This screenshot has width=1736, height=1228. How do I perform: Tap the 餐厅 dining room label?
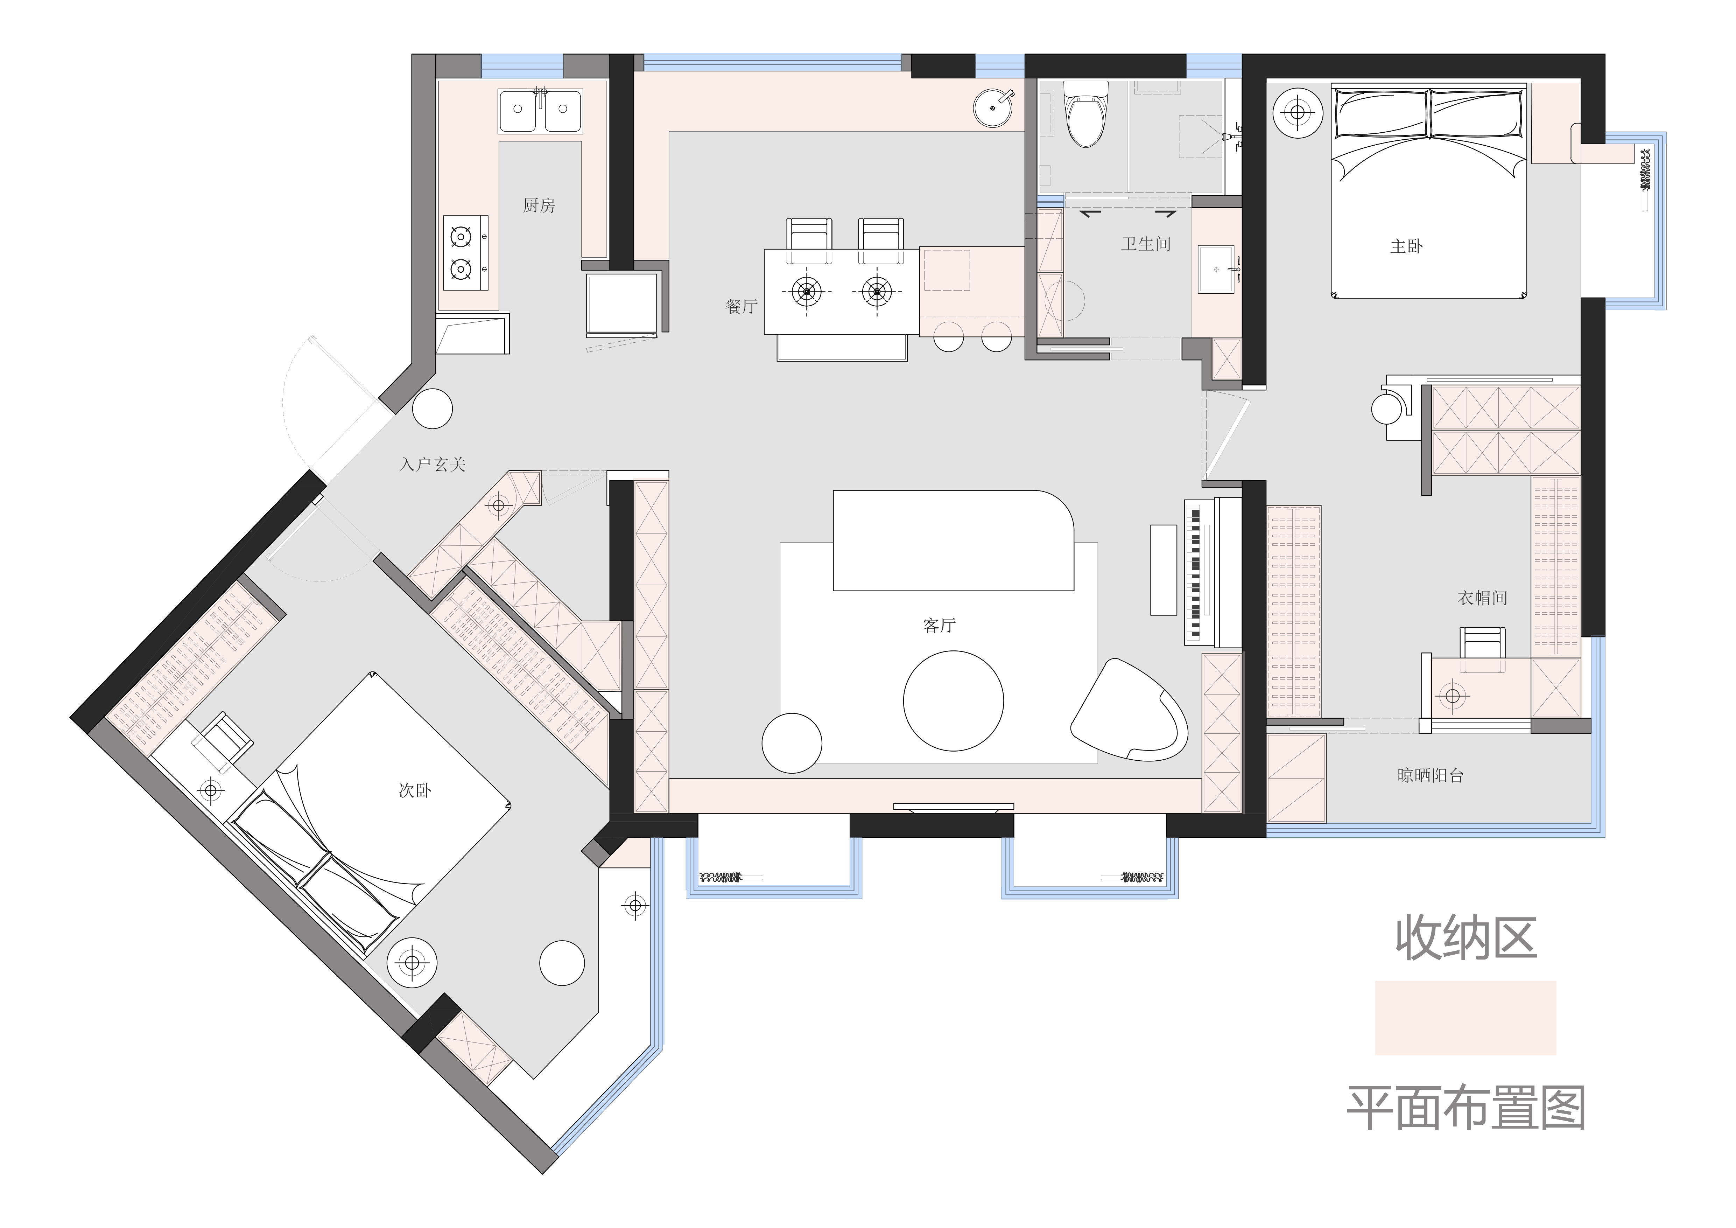pos(741,306)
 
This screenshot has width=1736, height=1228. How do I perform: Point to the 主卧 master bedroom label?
pos(1406,246)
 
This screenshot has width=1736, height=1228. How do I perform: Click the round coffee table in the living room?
pos(954,701)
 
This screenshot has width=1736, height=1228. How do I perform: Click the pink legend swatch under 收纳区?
pos(1465,1018)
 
